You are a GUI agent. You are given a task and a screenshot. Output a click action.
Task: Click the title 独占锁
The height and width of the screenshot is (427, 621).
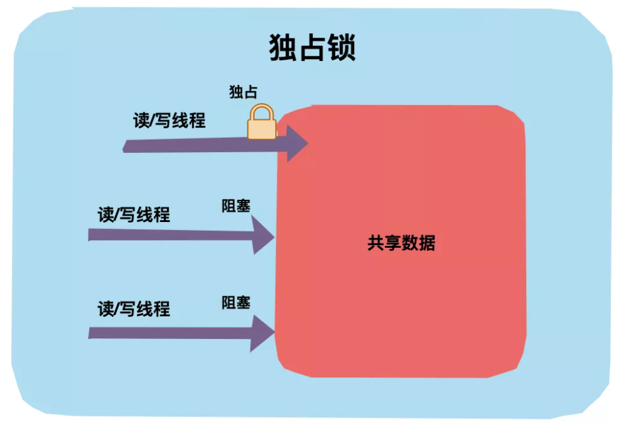[312, 47]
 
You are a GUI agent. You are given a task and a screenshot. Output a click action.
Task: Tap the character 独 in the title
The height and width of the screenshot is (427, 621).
[283, 47]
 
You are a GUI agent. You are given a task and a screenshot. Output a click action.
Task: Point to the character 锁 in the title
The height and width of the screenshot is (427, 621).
[342, 47]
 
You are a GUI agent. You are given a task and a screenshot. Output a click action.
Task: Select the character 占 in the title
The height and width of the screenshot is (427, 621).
[312, 47]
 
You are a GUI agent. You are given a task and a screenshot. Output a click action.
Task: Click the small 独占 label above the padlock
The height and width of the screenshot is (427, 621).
[243, 92]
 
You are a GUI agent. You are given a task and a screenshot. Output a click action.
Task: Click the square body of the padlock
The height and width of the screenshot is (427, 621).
[261, 128]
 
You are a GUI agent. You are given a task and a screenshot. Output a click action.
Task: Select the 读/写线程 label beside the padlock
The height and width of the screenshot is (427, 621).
[170, 121]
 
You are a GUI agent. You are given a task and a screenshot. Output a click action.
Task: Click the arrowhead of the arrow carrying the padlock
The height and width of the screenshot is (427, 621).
[296, 143]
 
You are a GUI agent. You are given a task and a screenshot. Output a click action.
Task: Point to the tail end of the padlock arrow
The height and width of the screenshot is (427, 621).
[127, 147]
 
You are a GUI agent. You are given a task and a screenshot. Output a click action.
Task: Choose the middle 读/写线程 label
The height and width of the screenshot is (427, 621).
[134, 214]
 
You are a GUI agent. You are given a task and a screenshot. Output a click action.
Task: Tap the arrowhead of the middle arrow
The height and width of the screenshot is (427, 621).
[263, 236]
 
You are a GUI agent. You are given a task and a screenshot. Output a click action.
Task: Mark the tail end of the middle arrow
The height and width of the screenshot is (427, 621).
[92, 235]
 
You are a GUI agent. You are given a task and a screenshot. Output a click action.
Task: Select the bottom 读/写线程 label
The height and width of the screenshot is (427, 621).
[134, 309]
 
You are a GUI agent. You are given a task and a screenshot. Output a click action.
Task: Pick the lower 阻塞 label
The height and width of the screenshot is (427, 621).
[236, 302]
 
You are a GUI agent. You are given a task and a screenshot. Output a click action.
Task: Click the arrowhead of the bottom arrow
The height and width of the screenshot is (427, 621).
[263, 333]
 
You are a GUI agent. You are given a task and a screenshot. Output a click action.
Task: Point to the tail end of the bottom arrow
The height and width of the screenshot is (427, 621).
[92, 332]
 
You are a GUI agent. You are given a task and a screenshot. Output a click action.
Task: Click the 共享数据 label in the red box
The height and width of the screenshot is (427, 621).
[401, 243]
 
